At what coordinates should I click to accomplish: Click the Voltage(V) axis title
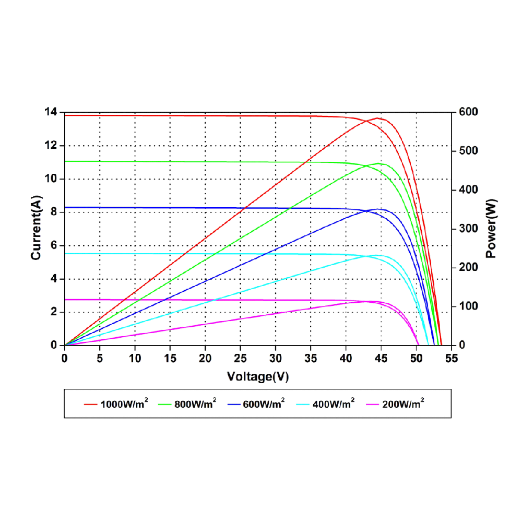pyautogui.click(x=258, y=376)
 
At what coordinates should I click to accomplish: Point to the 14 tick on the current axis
pyautogui.click(x=51, y=112)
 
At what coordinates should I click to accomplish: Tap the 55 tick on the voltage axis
pyautogui.click(x=451, y=359)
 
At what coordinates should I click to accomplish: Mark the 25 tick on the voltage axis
pyautogui.click(x=241, y=359)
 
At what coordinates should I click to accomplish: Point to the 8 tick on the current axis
pyautogui.click(x=53, y=212)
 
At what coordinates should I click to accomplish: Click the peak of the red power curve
pyautogui.click(x=377, y=118)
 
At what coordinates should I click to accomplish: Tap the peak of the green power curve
pyautogui.click(x=378, y=163)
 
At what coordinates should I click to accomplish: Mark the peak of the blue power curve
pyautogui.click(x=378, y=209)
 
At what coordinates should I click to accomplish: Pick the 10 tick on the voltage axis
pyautogui.click(x=135, y=359)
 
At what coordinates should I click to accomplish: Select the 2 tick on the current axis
pyautogui.click(x=53, y=312)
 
